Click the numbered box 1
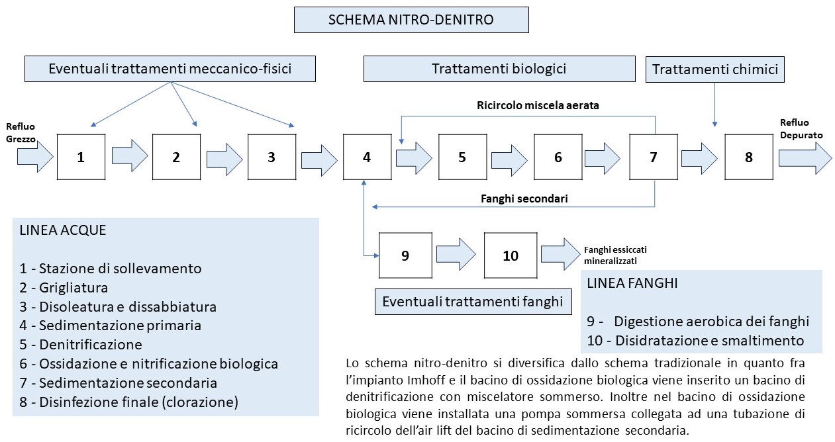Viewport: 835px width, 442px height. (x=81, y=157)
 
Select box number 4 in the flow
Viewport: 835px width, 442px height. (x=368, y=157)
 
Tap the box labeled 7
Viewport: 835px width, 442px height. (x=654, y=157)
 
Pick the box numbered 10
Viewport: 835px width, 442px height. (x=511, y=255)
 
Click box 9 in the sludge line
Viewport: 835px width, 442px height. (x=405, y=255)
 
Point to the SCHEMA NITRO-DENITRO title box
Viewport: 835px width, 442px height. (x=411, y=20)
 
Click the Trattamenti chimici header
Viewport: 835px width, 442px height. (x=715, y=69)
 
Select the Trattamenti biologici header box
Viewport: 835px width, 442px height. (x=499, y=69)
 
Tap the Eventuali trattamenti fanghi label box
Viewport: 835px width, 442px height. (x=473, y=302)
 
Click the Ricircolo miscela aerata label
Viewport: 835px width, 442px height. (x=538, y=105)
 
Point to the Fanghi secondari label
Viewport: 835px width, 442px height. (x=524, y=199)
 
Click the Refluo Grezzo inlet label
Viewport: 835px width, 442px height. (x=21, y=132)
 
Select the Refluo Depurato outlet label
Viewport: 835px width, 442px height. (x=801, y=128)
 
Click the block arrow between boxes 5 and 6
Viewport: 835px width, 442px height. (x=510, y=160)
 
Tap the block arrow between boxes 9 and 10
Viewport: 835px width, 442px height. (x=456, y=254)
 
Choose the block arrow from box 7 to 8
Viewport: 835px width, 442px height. (x=700, y=159)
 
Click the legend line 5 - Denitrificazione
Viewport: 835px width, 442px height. (x=81, y=345)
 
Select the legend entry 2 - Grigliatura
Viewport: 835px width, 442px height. (x=64, y=287)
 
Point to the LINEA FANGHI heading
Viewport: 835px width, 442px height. (x=632, y=283)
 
